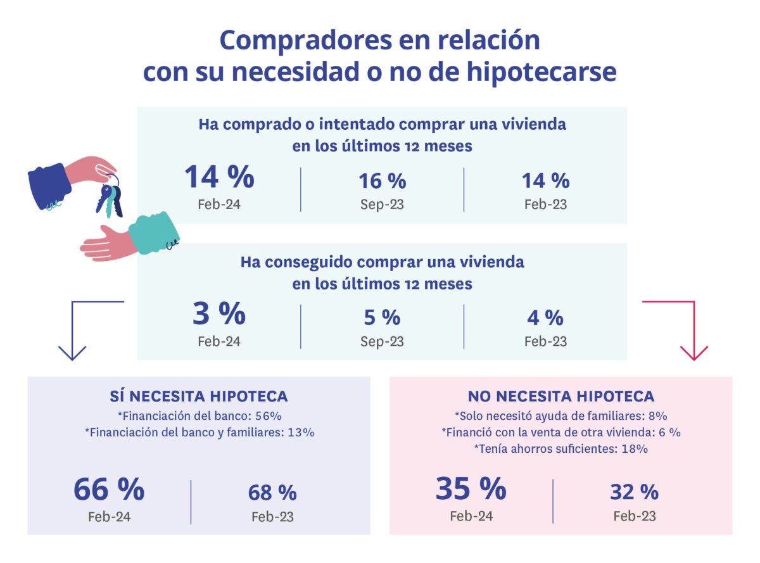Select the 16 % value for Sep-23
pos(382,181)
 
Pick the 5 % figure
pos(382,317)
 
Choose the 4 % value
pos(545,317)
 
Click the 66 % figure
pos(109,490)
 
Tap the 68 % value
pos(272,493)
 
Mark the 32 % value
pos(634,492)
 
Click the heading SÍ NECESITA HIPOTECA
pos(199,396)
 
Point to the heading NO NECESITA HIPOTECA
pos(560,396)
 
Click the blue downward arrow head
pos(72,353)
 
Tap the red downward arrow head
pos(693,353)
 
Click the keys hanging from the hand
pos(109,195)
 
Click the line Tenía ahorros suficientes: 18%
pos(560,448)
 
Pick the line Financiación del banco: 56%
pos(199,416)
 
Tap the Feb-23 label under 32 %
pos(634,516)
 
